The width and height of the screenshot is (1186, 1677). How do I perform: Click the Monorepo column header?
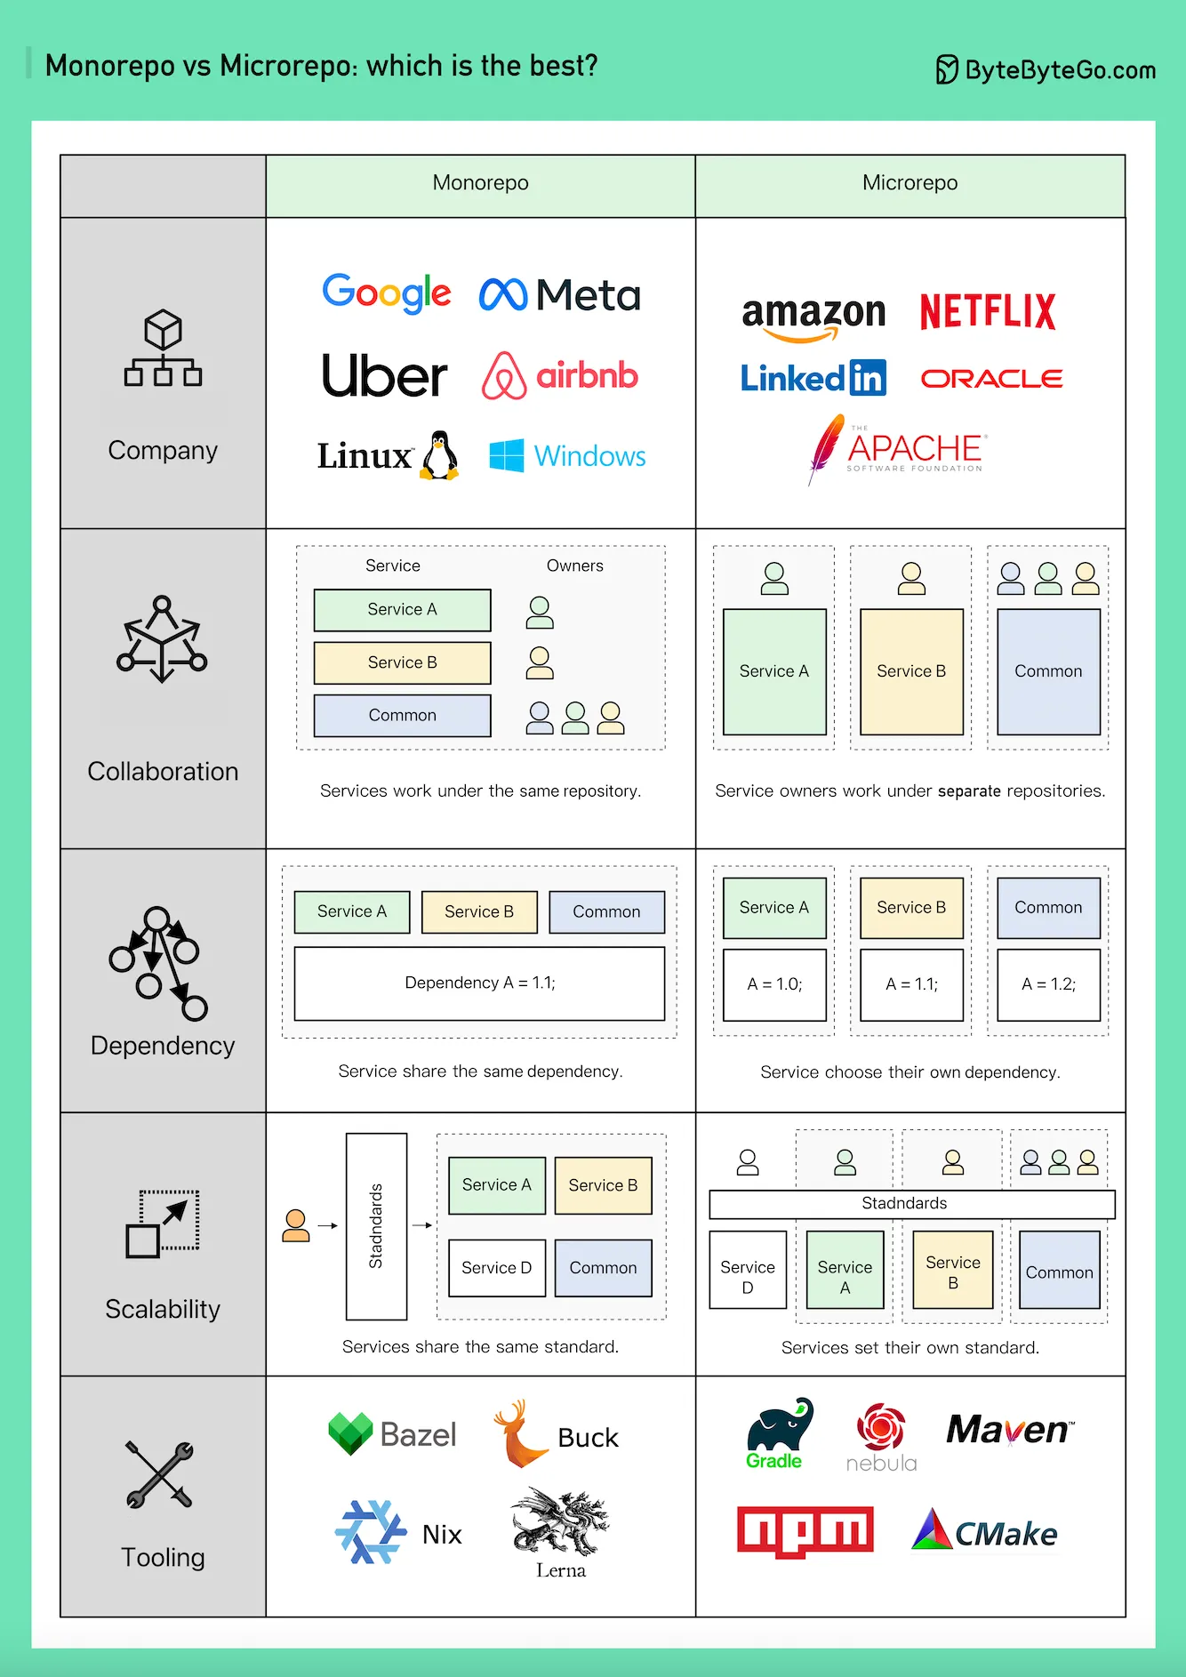click(480, 184)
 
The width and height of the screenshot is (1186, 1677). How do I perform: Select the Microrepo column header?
click(910, 184)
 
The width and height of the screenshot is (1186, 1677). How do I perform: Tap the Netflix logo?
click(987, 312)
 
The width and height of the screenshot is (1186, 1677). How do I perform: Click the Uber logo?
click(384, 377)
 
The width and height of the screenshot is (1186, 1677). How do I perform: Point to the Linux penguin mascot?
click(439, 455)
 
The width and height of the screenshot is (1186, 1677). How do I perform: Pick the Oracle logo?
click(991, 379)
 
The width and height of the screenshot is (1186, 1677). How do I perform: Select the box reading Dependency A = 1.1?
click(479, 983)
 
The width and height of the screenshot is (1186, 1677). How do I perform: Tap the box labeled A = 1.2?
click(1048, 984)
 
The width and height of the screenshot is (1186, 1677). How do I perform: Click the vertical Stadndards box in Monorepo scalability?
click(376, 1226)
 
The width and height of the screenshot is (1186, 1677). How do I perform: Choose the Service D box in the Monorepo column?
click(496, 1268)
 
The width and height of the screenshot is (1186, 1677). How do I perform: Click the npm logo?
click(805, 1531)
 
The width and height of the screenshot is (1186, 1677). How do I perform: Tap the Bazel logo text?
click(418, 1434)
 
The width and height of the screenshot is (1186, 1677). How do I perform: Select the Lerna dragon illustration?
click(560, 1522)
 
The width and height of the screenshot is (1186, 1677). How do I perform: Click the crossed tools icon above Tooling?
click(160, 1474)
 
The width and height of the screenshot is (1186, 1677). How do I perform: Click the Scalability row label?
click(163, 1310)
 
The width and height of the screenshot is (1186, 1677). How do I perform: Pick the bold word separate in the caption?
click(969, 791)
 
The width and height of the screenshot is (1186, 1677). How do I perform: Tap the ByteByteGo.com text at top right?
click(1060, 70)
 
